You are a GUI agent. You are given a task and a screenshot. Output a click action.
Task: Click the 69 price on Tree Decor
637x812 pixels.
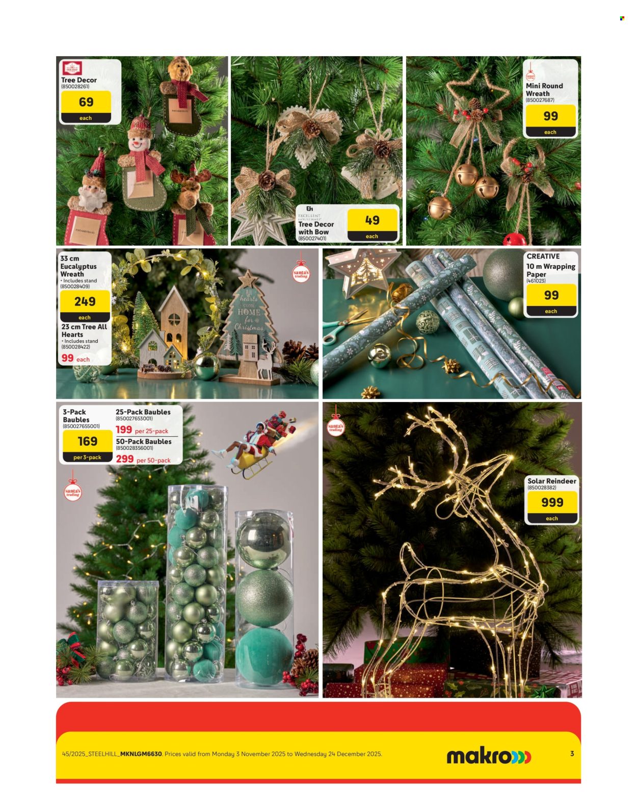pyautogui.click(x=86, y=102)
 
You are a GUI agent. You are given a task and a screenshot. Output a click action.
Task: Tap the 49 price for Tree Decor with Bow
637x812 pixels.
pyautogui.click(x=372, y=220)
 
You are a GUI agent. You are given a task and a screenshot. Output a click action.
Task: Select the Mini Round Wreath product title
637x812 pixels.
pyautogui.click(x=544, y=90)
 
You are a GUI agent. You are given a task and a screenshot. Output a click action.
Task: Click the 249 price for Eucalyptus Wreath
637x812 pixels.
pyautogui.click(x=85, y=301)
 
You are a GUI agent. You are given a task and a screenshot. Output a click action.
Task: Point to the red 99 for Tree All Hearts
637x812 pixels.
pyautogui.click(x=68, y=358)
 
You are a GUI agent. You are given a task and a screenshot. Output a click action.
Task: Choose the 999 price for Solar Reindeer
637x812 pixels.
pyautogui.click(x=552, y=502)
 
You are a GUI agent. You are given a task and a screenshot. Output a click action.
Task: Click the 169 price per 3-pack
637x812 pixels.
pyautogui.click(x=87, y=441)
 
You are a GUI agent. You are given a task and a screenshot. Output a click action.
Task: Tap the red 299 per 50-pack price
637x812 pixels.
pyautogui.click(x=125, y=459)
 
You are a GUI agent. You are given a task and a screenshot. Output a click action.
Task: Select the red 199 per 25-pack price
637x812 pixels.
pyautogui.click(x=124, y=430)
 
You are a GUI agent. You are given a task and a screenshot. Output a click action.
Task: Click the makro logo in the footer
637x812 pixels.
pyautogui.click(x=488, y=756)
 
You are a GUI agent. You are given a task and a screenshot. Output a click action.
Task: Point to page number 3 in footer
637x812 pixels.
pyautogui.click(x=572, y=753)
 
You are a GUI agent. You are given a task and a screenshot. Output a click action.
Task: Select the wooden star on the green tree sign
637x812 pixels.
pyautogui.click(x=248, y=279)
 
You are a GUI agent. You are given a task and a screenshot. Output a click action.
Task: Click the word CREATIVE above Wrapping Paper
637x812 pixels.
pyautogui.click(x=543, y=257)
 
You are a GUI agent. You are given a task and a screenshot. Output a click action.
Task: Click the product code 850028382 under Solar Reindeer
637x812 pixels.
pyautogui.click(x=542, y=488)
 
